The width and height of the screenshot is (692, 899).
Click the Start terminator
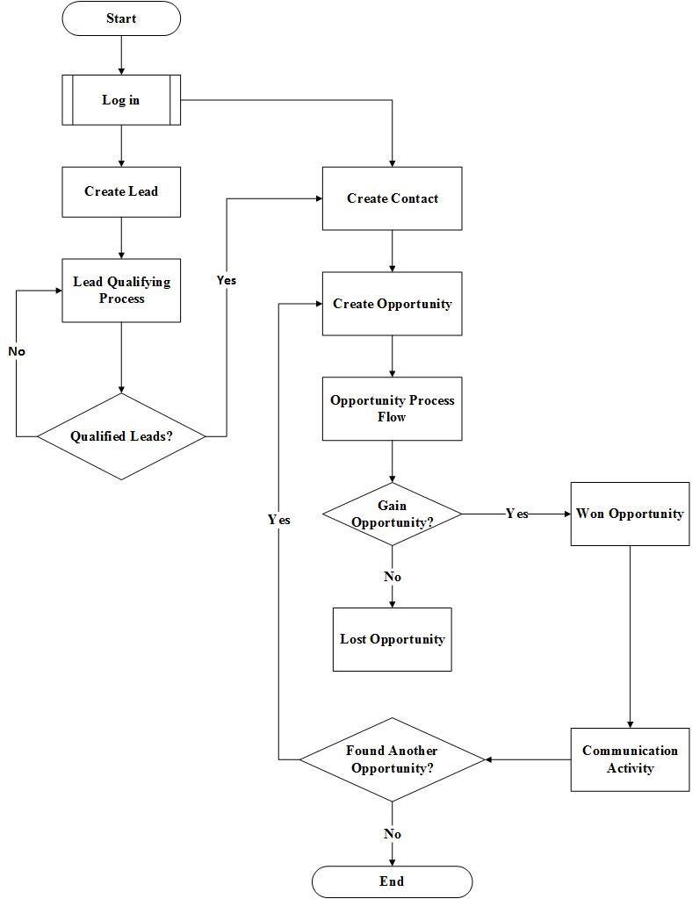(x=121, y=18)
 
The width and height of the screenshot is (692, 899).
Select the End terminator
(x=392, y=881)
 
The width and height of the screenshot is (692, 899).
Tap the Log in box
(x=121, y=100)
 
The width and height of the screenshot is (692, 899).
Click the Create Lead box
(x=121, y=191)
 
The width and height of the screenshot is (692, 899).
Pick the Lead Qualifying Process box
(x=121, y=291)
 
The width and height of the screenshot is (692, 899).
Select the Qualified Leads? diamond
(x=121, y=436)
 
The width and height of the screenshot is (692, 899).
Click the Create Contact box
(x=392, y=198)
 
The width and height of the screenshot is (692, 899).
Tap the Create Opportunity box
(x=392, y=304)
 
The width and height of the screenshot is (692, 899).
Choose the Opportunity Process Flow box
(x=392, y=409)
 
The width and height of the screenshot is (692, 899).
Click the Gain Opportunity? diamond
(x=392, y=514)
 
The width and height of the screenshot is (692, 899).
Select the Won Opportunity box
(x=630, y=514)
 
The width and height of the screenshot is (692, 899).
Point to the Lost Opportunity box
(x=392, y=639)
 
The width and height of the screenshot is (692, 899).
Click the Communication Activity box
(x=630, y=759)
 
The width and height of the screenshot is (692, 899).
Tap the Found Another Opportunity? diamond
(x=392, y=759)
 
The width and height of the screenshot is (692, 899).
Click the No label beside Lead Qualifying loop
(x=17, y=351)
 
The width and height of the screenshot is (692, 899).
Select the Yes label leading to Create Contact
(x=227, y=280)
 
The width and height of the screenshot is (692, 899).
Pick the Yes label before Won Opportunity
(x=517, y=514)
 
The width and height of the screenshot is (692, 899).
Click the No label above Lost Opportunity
(x=392, y=577)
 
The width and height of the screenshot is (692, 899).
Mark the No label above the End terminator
(x=392, y=834)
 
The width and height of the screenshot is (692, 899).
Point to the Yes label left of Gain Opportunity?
(x=278, y=520)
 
